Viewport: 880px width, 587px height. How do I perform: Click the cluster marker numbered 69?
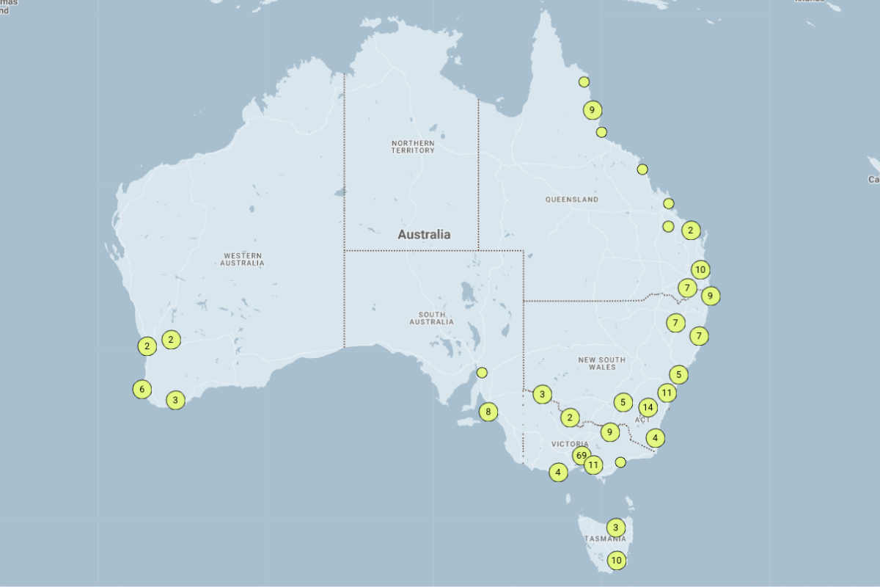581,456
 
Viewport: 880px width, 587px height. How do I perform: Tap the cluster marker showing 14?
647,407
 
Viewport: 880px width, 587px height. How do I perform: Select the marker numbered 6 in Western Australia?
142,389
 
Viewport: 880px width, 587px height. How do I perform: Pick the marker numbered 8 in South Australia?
488,412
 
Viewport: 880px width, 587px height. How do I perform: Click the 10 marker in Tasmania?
617,561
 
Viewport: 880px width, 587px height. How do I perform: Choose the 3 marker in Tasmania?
616,527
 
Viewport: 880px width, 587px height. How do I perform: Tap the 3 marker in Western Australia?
175,400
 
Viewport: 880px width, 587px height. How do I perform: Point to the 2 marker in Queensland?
690,230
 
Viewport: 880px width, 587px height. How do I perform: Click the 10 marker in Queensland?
700,269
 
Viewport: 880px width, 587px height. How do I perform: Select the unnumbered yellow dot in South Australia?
482,373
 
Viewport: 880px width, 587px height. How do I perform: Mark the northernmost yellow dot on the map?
584,81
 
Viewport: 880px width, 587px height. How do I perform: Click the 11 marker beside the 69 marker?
593,464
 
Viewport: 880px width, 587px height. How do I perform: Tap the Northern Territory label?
413,146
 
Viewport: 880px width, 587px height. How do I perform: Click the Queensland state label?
571,200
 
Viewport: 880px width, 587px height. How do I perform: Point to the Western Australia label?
242,259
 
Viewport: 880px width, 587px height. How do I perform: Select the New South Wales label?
602,363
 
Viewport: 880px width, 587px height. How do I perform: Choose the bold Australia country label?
424,235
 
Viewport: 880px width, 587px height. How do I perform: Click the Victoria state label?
570,445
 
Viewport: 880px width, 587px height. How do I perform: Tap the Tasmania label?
605,539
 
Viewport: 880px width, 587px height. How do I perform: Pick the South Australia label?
431,318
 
